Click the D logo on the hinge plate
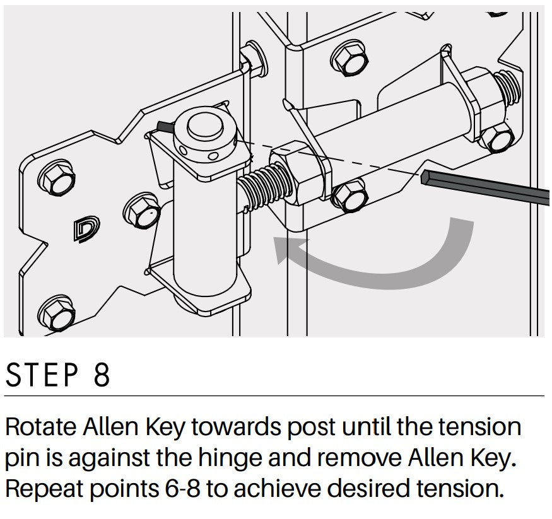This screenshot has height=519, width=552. pos(86,229)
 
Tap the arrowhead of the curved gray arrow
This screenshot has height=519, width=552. pos(287,249)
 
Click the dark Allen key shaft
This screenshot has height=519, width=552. pos(485,187)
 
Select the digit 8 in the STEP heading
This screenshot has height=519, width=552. pos(102,375)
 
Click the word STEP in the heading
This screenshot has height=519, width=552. pos(42,375)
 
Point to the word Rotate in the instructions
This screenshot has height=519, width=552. pos(41,427)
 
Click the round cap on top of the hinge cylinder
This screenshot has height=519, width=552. pos(204,125)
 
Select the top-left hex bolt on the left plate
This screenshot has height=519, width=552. pos(56,177)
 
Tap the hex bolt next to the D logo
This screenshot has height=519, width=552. pos(141,211)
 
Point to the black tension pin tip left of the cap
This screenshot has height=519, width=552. pos(164,127)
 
